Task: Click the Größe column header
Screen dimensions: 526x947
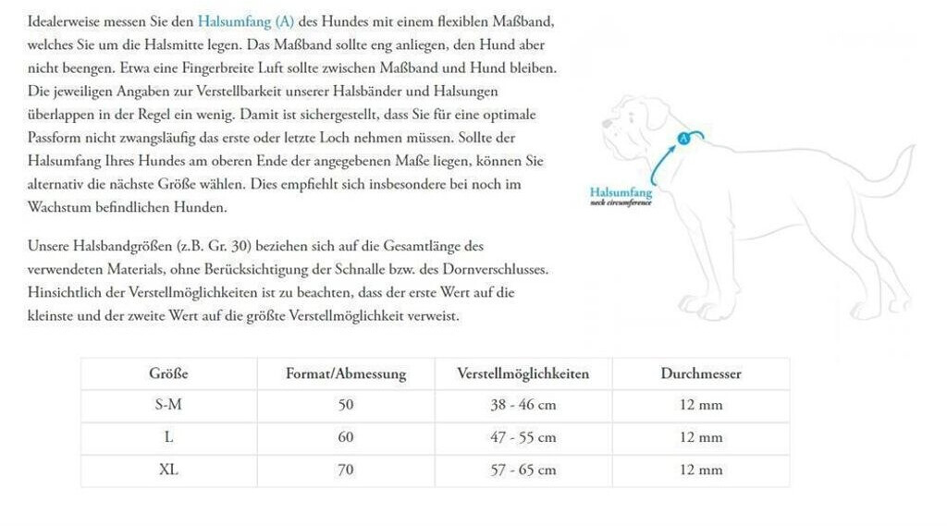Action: click(168, 373)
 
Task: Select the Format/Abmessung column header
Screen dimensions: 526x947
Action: click(346, 373)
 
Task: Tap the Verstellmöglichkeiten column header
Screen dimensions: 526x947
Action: click(523, 373)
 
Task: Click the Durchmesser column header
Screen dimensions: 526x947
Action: click(700, 373)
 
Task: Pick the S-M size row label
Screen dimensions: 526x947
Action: click(168, 405)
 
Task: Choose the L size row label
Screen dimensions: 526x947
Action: click(168, 437)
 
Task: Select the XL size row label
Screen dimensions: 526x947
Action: click(168, 470)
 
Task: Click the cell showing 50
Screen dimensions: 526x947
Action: click(346, 405)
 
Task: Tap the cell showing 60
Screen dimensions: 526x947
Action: click(346, 437)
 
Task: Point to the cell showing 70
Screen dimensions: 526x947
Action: click(346, 470)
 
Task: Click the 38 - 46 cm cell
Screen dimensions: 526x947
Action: click(523, 405)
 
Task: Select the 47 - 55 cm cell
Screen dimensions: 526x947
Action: click(523, 437)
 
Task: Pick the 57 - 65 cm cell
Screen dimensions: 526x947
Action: click(523, 470)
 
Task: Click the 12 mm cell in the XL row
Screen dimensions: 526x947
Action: click(700, 470)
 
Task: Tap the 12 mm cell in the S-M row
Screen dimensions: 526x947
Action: click(700, 405)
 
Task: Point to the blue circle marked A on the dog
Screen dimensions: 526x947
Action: click(684, 139)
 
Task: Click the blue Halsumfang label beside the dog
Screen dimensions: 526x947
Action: click(621, 192)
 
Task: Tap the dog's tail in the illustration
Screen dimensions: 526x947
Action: click(888, 176)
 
